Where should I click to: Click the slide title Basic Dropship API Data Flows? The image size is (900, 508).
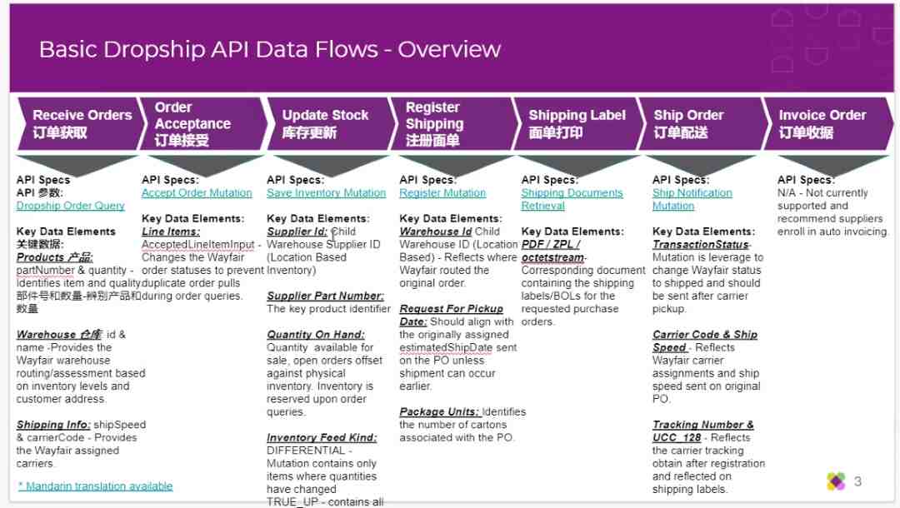click(270, 49)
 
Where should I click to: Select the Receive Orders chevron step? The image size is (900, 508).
click(80, 124)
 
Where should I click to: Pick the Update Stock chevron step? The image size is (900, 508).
click(329, 124)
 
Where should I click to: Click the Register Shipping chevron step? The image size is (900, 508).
click(453, 124)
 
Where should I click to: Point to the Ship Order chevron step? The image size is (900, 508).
click(703, 124)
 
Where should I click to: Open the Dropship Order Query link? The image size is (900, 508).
click(71, 206)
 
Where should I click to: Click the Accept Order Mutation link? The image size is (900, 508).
click(197, 193)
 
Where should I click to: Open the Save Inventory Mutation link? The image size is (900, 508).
click(326, 193)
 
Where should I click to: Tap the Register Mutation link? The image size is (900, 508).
click(442, 193)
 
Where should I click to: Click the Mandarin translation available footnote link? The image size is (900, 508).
click(95, 486)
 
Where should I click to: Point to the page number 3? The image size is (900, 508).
click(857, 481)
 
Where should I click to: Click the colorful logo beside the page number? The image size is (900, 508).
click(837, 481)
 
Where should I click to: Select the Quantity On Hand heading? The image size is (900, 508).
click(316, 335)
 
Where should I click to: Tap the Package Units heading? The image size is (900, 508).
click(439, 412)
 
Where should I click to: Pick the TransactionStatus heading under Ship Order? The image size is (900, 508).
click(701, 245)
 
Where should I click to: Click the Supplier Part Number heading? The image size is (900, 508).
click(326, 296)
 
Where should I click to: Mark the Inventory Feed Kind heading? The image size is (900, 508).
click(322, 438)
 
